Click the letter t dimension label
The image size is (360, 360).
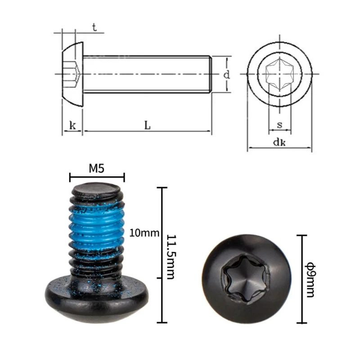click(x=94, y=27)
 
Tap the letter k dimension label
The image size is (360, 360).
click(x=72, y=126)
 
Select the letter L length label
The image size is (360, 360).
click(x=148, y=126)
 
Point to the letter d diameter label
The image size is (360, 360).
click(x=227, y=75)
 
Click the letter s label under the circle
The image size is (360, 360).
click(x=279, y=125)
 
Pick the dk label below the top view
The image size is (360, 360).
click(x=279, y=143)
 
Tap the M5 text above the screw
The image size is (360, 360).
click(x=97, y=168)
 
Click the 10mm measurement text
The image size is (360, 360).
click(x=144, y=233)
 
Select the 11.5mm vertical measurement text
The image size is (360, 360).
click(x=171, y=256)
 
